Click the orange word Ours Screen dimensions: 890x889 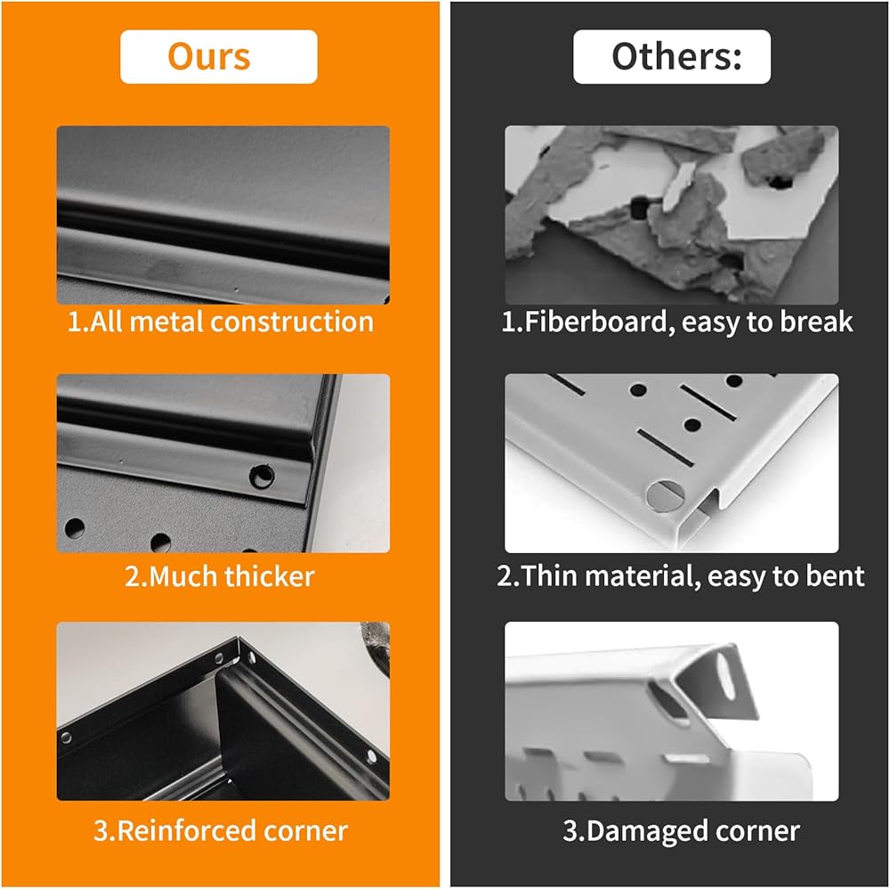pyautogui.click(x=209, y=56)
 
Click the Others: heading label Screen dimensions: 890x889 pyautogui.click(x=676, y=56)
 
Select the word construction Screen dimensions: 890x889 pyautogui.click(x=292, y=322)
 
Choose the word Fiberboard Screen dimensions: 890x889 pyautogui.click(x=595, y=322)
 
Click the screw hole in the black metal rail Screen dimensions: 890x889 pyautogui.click(x=262, y=476)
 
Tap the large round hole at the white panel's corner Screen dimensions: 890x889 pyautogui.click(x=664, y=494)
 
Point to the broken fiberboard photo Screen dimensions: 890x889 pyautogui.click(x=671, y=215)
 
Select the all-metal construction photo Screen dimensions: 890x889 pyautogui.click(x=223, y=215)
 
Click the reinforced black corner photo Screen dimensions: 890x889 pyautogui.click(x=223, y=711)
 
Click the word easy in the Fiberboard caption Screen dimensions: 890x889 pyautogui.click(x=710, y=323)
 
